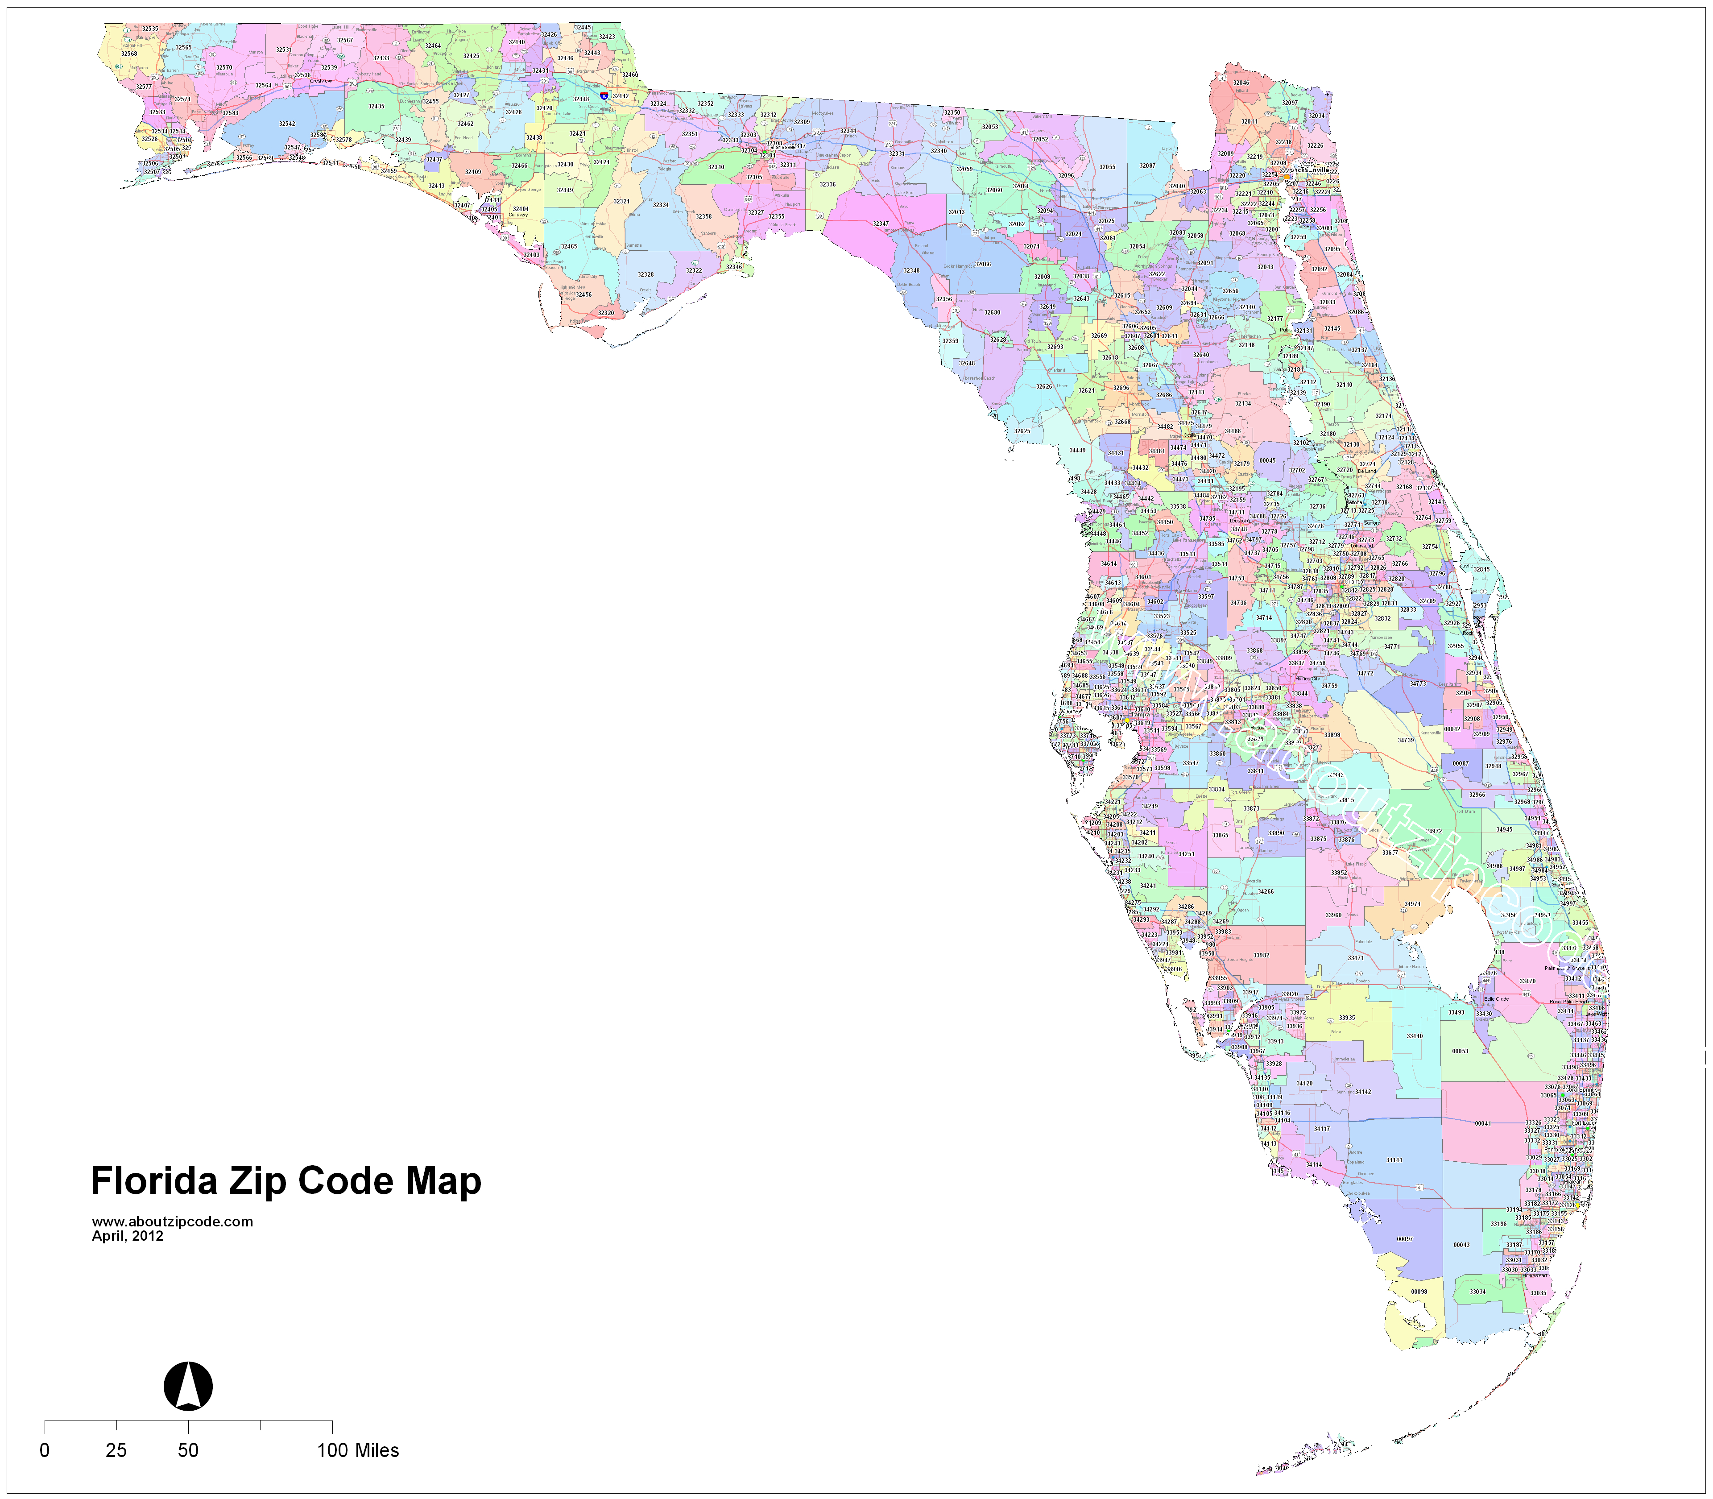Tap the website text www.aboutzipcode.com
tap(172, 1222)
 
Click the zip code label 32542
tap(287, 124)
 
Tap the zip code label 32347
tap(881, 224)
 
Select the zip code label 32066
tap(983, 264)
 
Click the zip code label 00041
tap(1483, 1123)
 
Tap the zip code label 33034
tap(1478, 1292)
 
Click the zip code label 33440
tap(1415, 1036)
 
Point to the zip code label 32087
tap(1147, 166)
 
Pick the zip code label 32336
tap(827, 184)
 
